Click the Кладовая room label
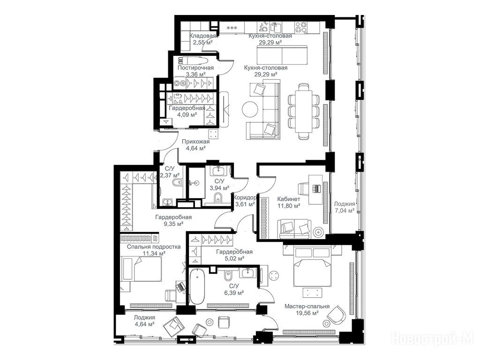click(202, 36)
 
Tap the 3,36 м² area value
click(195, 74)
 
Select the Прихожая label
click(195, 142)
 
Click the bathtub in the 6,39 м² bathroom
click(197, 286)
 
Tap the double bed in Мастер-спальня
click(312, 267)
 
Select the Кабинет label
click(288, 199)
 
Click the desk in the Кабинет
click(315, 189)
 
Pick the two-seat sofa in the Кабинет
click(294, 228)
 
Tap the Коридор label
click(245, 197)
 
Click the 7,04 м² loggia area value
click(344, 210)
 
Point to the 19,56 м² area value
click(307, 313)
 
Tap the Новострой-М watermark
click(433, 339)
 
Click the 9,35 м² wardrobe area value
click(173, 224)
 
